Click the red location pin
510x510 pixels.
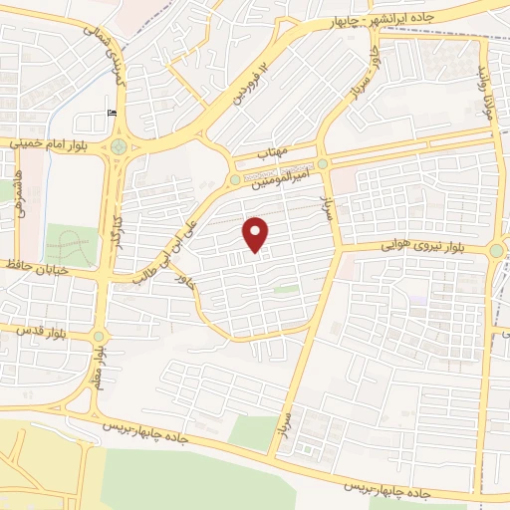(x=257, y=234)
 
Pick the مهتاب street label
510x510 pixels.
(x=273, y=155)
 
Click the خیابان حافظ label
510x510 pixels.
(x=38, y=268)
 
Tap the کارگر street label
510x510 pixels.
(x=118, y=226)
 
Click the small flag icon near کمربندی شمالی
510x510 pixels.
(x=110, y=114)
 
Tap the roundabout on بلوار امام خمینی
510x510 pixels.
(x=121, y=146)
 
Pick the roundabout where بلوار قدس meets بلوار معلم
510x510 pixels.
(x=98, y=337)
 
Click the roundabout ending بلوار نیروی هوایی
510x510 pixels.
(x=495, y=251)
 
